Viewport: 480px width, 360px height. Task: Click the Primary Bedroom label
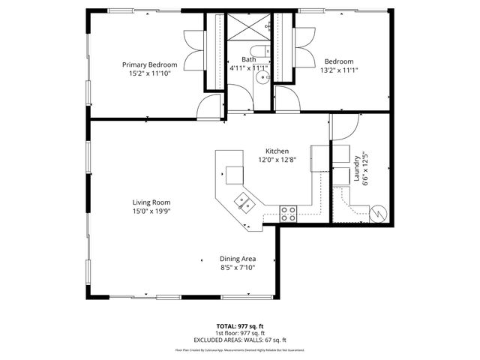pos(150,64)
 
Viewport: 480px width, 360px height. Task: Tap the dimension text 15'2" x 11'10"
pos(150,73)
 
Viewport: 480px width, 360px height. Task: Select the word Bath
pos(248,59)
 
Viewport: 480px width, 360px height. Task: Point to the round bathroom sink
pos(262,76)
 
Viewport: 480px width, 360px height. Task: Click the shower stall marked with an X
pos(248,28)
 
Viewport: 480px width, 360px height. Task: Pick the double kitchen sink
pos(243,201)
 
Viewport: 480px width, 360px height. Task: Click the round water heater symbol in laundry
pos(379,214)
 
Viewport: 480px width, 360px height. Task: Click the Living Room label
pos(151,202)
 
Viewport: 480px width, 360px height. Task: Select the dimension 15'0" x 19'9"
pos(151,211)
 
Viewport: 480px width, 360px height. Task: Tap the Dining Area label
pos(238,258)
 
